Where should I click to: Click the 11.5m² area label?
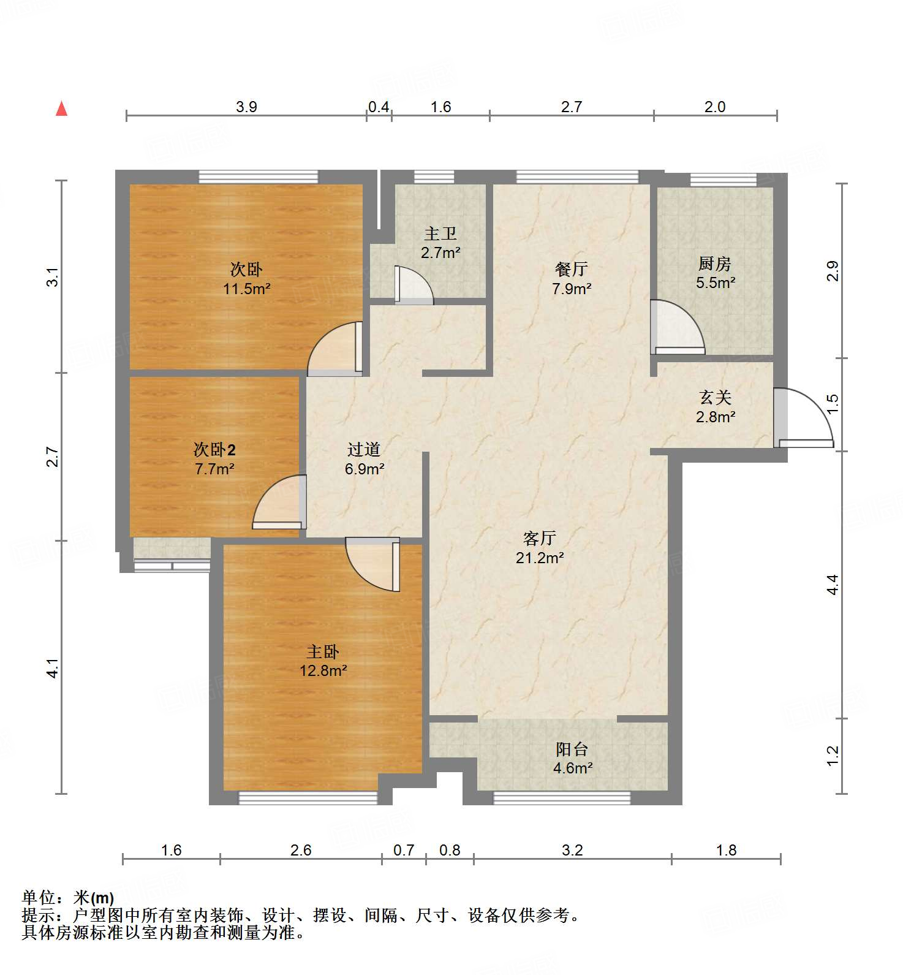click(x=247, y=289)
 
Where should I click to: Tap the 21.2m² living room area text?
click(x=540, y=558)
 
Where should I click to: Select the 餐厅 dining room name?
click(x=572, y=268)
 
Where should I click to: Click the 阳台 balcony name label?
click(x=572, y=749)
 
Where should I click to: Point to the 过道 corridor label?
click(x=364, y=449)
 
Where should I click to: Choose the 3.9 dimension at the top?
click(x=246, y=107)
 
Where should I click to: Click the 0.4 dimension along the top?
click(x=379, y=107)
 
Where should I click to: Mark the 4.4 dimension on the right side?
click(x=832, y=585)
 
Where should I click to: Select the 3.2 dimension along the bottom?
click(x=572, y=850)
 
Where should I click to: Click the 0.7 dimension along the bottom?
click(x=404, y=850)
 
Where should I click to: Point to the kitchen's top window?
click(x=723, y=180)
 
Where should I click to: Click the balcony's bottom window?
click(x=562, y=798)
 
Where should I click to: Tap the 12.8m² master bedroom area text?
click(x=323, y=670)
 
